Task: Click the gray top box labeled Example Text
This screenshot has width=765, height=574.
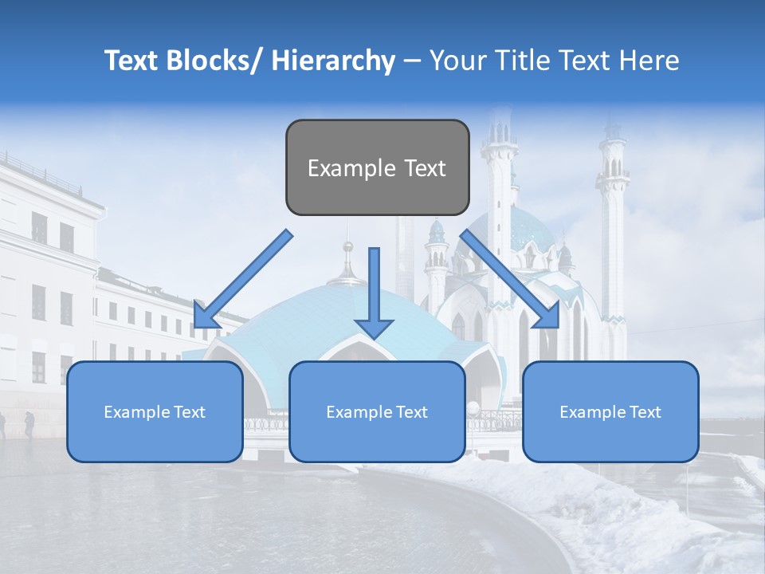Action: point(377,167)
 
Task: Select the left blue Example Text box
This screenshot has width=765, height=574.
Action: point(155,411)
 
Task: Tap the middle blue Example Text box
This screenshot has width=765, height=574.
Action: point(377,411)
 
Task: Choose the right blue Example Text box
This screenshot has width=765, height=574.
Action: point(610,411)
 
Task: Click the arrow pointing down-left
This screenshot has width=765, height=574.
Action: point(244,279)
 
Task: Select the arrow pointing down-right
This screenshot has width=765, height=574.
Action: point(510,279)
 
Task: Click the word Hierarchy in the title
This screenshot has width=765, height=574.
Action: point(332,61)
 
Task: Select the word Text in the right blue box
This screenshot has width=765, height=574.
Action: point(644,412)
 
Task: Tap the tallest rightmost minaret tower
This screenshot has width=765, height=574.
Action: point(613,223)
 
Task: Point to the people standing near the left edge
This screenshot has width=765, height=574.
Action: point(24,424)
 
